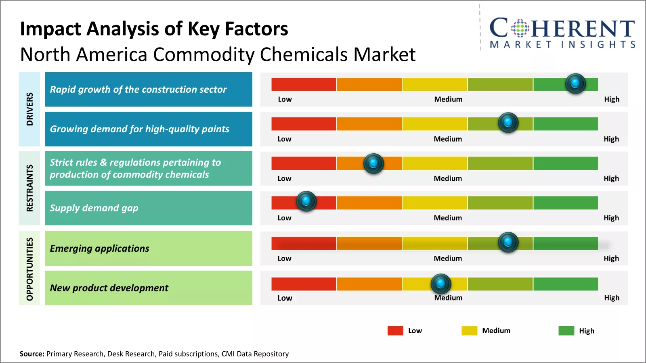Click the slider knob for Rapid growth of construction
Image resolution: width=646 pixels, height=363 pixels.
coord(575,83)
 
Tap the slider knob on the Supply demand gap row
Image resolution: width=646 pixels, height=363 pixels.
coord(306,201)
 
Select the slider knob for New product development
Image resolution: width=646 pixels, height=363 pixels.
coord(440,284)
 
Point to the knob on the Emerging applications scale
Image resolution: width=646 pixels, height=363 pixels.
coord(508,242)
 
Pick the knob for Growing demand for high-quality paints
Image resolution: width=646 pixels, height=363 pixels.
coord(508,122)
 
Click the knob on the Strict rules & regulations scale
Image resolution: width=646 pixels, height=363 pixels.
coord(373,163)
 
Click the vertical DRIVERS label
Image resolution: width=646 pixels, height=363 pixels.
coord(29,109)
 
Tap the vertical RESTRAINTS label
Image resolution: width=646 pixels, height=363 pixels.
coord(29,188)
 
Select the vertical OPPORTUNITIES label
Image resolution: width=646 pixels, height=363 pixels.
coord(29,269)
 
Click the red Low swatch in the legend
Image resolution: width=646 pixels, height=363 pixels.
coord(395,331)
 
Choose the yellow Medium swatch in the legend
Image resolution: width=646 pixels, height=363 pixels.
coord(469,331)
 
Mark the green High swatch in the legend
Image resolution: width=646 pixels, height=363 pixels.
coord(566,331)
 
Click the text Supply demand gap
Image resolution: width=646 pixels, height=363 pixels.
coord(94,208)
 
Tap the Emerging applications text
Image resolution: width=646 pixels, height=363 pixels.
coord(99,248)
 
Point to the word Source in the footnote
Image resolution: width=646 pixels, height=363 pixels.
coord(31,354)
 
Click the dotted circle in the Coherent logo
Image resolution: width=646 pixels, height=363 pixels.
coord(520,28)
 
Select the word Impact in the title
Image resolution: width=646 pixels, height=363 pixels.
coord(50,29)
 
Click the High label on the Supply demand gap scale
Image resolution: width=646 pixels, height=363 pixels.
coord(611,218)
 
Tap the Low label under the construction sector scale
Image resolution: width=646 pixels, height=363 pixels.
coord(285,99)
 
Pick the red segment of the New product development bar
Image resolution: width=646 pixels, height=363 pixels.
coord(304,284)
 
